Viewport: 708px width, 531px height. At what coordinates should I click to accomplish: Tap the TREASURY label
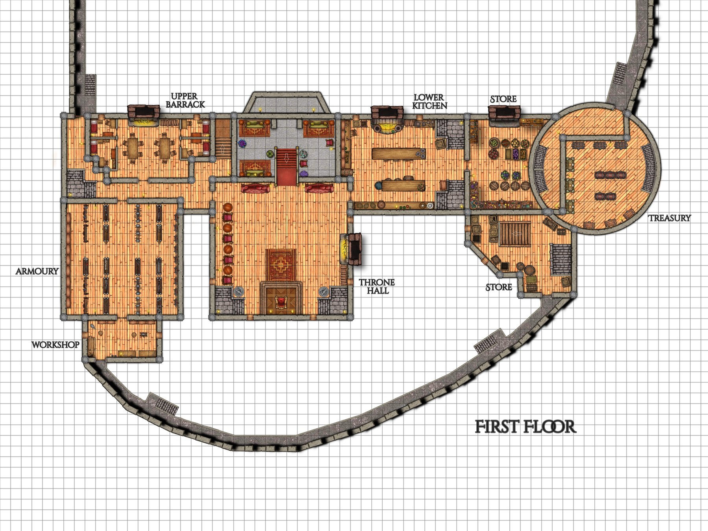[x=669, y=218]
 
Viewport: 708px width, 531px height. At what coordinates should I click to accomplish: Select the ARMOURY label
[x=37, y=271]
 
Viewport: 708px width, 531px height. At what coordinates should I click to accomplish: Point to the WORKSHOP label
[x=55, y=345]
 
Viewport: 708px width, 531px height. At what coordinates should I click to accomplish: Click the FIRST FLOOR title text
[x=525, y=427]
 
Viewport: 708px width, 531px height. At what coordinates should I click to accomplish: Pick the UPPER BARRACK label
[x=185, y=100]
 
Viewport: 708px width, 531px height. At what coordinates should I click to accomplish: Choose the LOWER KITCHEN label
[x=430, y=101]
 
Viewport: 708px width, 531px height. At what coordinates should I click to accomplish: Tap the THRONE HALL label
[x=377, y=286]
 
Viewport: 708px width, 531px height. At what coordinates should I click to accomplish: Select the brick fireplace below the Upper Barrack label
[x=144, y=113]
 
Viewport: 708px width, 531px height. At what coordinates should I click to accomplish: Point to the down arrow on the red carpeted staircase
[x=286, y=158]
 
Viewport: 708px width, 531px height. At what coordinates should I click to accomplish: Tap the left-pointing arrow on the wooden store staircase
[x=515, y=233]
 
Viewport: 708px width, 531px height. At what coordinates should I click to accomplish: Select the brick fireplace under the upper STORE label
[x=504, y=113]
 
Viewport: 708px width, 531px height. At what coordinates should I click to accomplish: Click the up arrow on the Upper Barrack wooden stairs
[x=223, y=148]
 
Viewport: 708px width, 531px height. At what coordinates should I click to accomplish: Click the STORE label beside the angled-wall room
[x=499, y=288]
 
